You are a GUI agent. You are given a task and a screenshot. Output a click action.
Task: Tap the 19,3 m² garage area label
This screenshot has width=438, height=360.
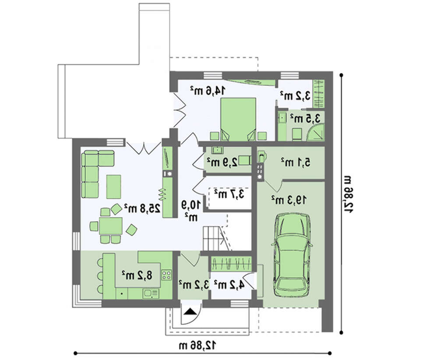coord(289,200)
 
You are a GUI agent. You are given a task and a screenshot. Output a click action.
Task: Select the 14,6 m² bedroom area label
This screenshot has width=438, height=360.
coord(208,91)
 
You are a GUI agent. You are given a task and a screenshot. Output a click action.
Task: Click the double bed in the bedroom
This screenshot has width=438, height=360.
coord(238,119)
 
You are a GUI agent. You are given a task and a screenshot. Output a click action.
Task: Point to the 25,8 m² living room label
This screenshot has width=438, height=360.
coord(142,208)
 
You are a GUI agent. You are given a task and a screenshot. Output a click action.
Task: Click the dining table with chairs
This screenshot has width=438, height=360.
coord(111,226)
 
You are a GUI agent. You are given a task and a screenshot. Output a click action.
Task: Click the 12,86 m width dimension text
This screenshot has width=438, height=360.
coord(198,346)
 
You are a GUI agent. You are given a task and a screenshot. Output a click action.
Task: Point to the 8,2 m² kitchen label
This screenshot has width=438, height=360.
coord(137,275)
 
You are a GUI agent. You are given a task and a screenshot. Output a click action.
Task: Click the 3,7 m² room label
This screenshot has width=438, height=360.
coord(229,193)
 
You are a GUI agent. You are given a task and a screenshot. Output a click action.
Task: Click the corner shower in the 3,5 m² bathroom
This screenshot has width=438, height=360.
coord(316,132)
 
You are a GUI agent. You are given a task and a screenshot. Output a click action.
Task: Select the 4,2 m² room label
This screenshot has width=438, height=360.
coord(229,284)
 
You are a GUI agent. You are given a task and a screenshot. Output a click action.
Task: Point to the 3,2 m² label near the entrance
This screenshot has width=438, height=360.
coord(194,284)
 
